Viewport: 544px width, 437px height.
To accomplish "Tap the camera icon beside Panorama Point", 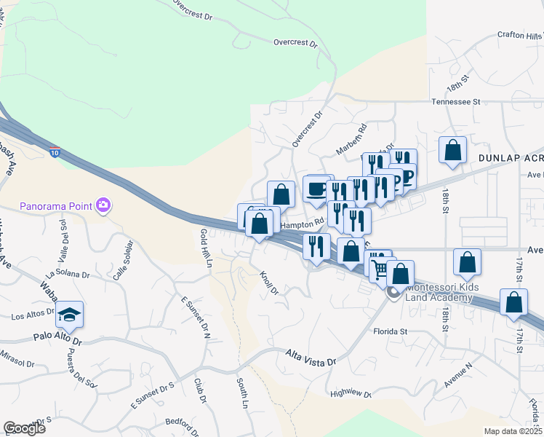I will (x=103, y=205).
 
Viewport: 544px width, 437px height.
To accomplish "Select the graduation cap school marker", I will (x=69, y=314).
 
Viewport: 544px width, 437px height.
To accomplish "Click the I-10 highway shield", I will (x=55, y=153).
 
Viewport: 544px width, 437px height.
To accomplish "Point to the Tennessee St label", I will (x=457, y=103).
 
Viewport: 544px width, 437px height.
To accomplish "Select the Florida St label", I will (x=390, y=331).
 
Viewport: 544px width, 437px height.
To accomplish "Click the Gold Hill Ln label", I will (x=205, y=248).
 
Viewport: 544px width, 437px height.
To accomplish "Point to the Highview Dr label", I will (x=351, y=394).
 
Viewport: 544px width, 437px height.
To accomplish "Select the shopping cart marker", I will (x=379, y=269).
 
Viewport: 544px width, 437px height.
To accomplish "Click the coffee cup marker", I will (x=316, y=189).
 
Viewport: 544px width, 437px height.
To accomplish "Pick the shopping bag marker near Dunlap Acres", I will (x=452, y=151).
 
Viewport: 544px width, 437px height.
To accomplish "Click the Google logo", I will (x=24, y=428).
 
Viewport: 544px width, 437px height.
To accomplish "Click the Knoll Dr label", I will (x=269, y=283).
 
